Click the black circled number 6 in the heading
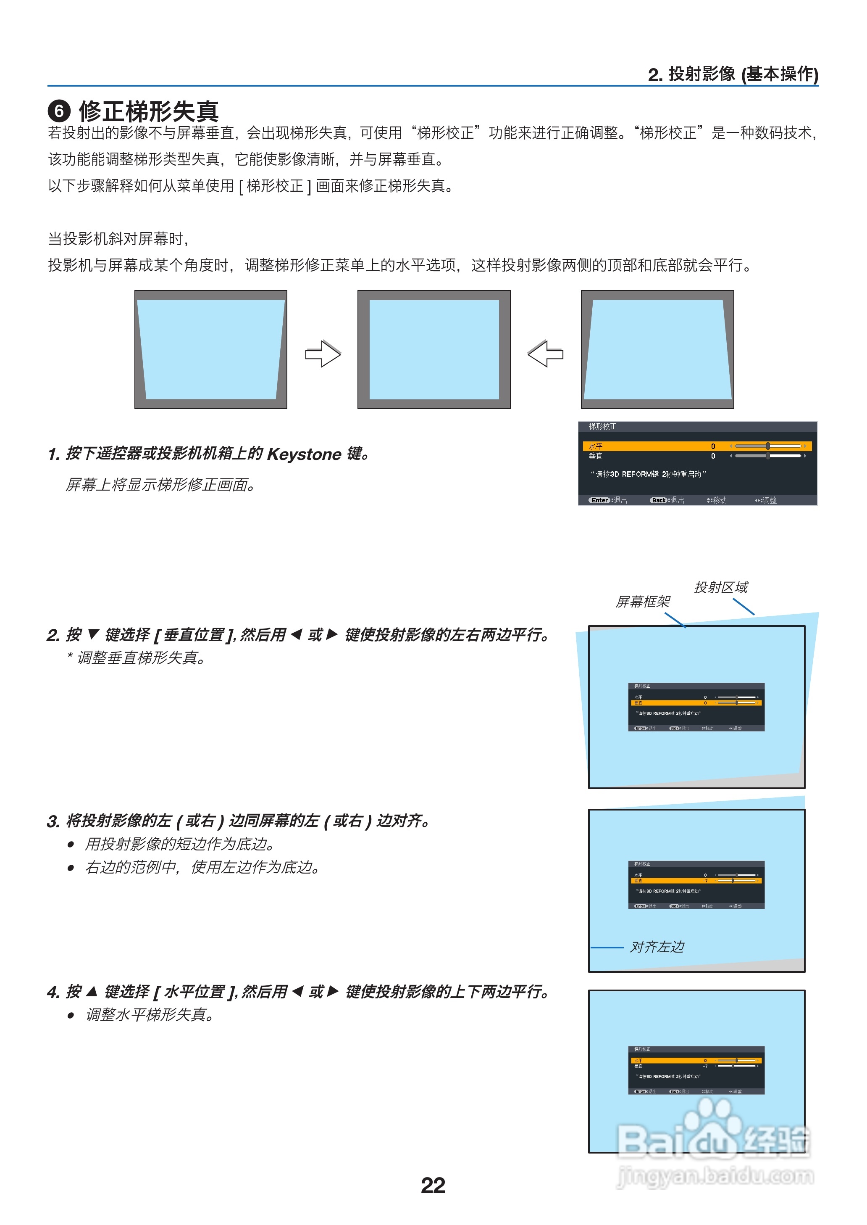coord(59,111)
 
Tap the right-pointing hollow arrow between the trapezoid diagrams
coord(323,354)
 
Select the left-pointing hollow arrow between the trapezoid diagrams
coord(545,354)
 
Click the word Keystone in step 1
coord(304,454)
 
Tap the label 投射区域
coord(721,587)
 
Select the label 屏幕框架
coord(643,602)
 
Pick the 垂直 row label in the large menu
coord(595,456)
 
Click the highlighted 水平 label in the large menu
coord(595,446)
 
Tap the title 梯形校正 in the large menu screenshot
coord(602,426)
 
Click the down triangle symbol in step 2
coord(93,634)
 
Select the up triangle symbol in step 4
coord(92,992)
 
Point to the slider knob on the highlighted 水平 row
coord(768,446)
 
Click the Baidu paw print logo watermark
coord(713,1125)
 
